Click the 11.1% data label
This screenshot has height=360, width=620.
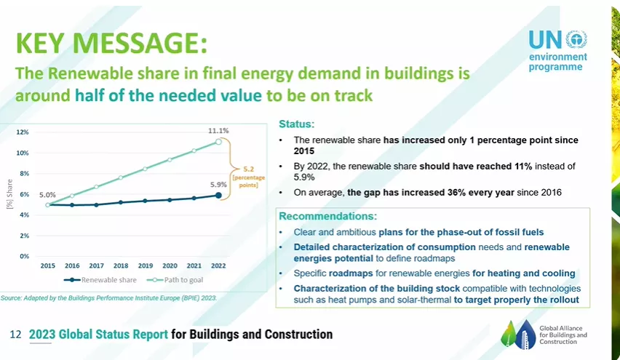(x=218, y=131)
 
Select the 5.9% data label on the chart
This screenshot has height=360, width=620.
(x=218, y=185)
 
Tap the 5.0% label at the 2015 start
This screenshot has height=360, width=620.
(x=47, y=195)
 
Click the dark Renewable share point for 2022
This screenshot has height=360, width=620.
(x=218, y=195)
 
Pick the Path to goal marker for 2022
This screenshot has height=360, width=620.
(x=218, y=142)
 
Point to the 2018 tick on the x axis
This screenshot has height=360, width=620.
(x=121, y=266)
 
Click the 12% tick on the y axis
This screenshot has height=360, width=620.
(x=23, y=132)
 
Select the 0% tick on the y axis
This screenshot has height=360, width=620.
(x=25, y=257)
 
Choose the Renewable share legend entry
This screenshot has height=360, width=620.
(x=100, y=280)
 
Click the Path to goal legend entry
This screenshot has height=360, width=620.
(x=175, y=280)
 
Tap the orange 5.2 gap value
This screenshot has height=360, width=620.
(x=248, y=169)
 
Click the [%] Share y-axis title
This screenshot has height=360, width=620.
(x=10, y=194)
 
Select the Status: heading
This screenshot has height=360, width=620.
(x=297, y=124)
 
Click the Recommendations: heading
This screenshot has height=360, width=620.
(x=327, y=216)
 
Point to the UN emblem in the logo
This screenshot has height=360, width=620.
(x=576, y=39)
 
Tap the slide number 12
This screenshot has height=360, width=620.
(x=15, y=335)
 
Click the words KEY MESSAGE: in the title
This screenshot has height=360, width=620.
(x=111, y=43)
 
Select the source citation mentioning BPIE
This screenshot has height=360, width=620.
(x=108, y=298)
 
